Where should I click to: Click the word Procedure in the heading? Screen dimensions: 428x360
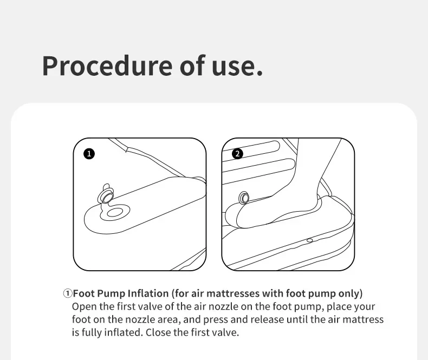(x=107, y=66)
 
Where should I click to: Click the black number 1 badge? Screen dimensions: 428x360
(x=89, y=154)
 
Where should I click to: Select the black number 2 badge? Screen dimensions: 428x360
(x=237, y=154)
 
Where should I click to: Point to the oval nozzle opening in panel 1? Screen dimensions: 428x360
(x=115, y=212)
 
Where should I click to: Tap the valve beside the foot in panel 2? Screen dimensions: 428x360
(x=244, y=198)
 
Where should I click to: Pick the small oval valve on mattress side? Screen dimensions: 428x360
(x=309, y=240)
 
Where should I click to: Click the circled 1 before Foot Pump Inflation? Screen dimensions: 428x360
(x=67, y=294)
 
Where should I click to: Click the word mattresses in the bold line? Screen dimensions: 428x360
(x=233, y=293)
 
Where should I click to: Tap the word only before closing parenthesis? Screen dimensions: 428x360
(x=349, y=294)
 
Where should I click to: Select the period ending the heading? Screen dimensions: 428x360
(x=260, y=73)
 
